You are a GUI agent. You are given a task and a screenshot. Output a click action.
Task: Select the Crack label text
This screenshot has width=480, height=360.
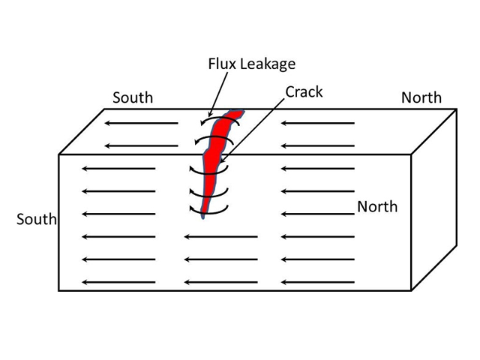pyautogui.click(x=304, y=91)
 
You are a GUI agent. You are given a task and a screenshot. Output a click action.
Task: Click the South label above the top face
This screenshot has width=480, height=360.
pyautogui.click(x=133, y=97)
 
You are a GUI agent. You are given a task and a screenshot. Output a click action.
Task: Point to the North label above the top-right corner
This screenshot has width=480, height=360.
pyautogui.click(x=421, y=97)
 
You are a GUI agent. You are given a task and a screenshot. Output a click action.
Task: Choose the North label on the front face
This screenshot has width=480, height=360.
pyautogui.click(x=377, y=207)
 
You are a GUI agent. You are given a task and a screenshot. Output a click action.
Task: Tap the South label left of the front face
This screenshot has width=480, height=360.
pyautogui.click(x=37, y=219)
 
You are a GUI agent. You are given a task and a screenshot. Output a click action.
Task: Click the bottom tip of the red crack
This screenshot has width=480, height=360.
pyautogui.click(x=203, y=218)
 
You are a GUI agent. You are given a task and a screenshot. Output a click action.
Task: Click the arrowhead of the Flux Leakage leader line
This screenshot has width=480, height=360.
pyautogui.click(x=209, y=115)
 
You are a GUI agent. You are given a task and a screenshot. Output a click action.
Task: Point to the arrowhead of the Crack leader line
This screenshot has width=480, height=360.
pyautogui.click(x=223, y=160)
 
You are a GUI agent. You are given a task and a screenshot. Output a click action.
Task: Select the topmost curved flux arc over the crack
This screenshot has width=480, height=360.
pyautogui.click(x=220, y=118)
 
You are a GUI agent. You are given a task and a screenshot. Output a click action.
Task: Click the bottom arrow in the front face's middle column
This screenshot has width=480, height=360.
pyautogui.click(x=221, y=282)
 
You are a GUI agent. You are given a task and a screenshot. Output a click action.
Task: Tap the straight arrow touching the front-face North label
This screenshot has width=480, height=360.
pyautogui.click(x=318, y=214)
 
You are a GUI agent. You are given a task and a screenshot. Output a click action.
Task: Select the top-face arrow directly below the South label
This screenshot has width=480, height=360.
pyautogui.click(x=142, y=123)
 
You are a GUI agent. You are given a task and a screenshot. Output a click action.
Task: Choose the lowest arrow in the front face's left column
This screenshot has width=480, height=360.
pyautogui.click(x=118, y=282)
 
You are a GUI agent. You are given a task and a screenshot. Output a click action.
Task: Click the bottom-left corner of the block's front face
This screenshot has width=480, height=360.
pyautogui.click(x=58, y=290)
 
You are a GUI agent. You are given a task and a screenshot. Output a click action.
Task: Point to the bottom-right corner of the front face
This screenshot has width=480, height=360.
pyautogui.click(x=411, y=290)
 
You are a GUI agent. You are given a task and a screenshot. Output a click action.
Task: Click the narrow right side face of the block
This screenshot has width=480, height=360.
pyautogui.click(x=434, y=199)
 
